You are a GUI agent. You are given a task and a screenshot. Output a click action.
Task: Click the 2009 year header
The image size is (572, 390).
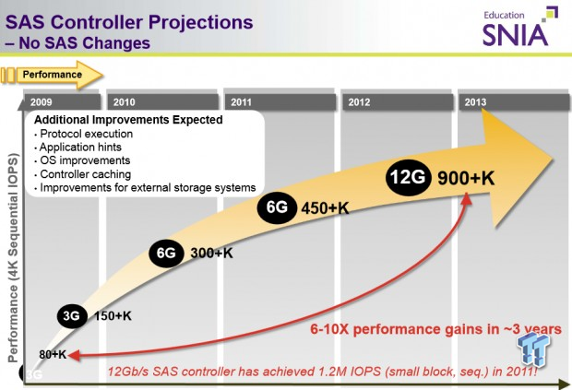(42, 102)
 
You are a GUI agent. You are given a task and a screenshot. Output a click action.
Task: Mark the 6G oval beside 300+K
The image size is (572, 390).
(166, 253)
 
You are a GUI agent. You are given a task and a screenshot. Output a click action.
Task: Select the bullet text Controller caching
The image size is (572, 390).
(85, 173)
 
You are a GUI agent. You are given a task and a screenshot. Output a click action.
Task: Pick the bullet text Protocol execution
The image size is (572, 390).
(85, 134)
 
